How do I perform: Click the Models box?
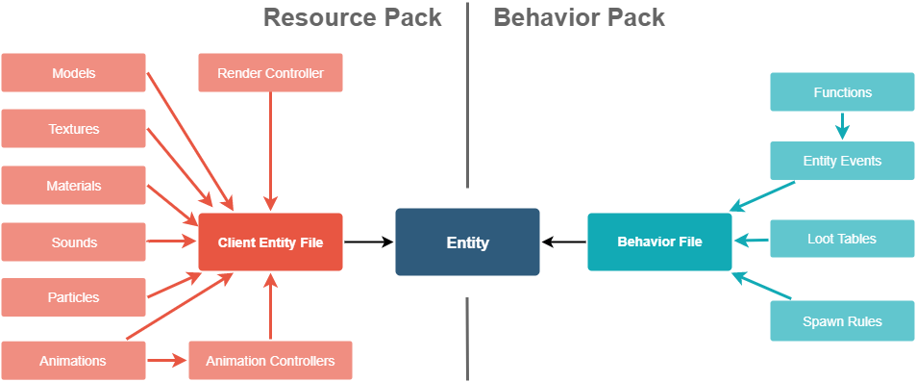74,73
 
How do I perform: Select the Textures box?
74,129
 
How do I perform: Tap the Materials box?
74,186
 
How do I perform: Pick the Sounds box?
74,242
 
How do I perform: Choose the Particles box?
74,297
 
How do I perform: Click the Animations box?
73,361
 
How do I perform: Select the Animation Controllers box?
270,361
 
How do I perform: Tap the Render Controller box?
270,73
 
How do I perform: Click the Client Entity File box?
270,242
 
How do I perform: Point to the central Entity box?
467,242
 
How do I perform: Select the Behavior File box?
659,242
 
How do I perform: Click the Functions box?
842,92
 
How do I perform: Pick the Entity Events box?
842,161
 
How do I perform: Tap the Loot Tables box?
842,239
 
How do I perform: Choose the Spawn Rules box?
842,321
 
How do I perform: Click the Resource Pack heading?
352,17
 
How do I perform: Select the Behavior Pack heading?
579,17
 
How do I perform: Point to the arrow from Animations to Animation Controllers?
167,361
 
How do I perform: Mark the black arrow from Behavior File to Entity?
563,242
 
